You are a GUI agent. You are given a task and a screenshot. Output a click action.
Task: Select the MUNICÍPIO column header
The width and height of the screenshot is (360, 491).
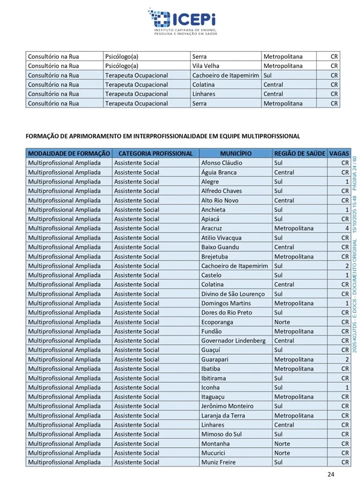pos(235,153)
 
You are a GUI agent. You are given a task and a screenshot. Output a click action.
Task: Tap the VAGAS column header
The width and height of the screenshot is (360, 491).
pos(339,153)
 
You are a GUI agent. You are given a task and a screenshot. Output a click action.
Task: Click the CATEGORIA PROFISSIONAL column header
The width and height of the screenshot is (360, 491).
pos(155,153)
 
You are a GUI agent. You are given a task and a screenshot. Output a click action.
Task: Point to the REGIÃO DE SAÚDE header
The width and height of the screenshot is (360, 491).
pos(298,153)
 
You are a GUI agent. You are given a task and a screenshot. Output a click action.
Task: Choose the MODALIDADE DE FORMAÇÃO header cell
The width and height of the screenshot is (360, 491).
pos(68,153)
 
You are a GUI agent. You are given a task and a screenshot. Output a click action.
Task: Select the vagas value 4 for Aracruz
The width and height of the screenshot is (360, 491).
pos(346,229)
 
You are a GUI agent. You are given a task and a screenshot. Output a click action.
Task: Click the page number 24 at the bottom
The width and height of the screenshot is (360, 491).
pos(331,475)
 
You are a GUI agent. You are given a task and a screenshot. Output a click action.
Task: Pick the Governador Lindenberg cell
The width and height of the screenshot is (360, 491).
pos(233,341)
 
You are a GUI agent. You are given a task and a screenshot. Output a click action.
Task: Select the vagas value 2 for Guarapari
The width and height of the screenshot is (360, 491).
pos(346,360)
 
